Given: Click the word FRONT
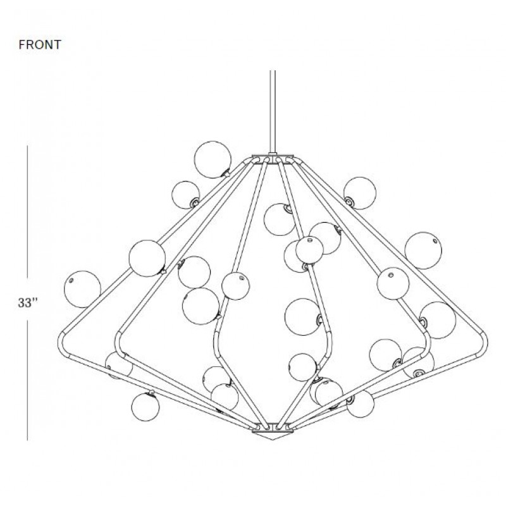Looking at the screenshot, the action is tap(40, 44).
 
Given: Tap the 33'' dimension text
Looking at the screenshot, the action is tap(28, 303).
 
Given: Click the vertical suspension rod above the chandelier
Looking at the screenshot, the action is tap(273, 111).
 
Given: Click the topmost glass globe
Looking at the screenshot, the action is tap(213, 159).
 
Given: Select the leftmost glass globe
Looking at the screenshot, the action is tap(82, 289).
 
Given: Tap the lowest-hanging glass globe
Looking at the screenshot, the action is tap(145, 407).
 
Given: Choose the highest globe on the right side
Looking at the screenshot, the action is tap(360, 193).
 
